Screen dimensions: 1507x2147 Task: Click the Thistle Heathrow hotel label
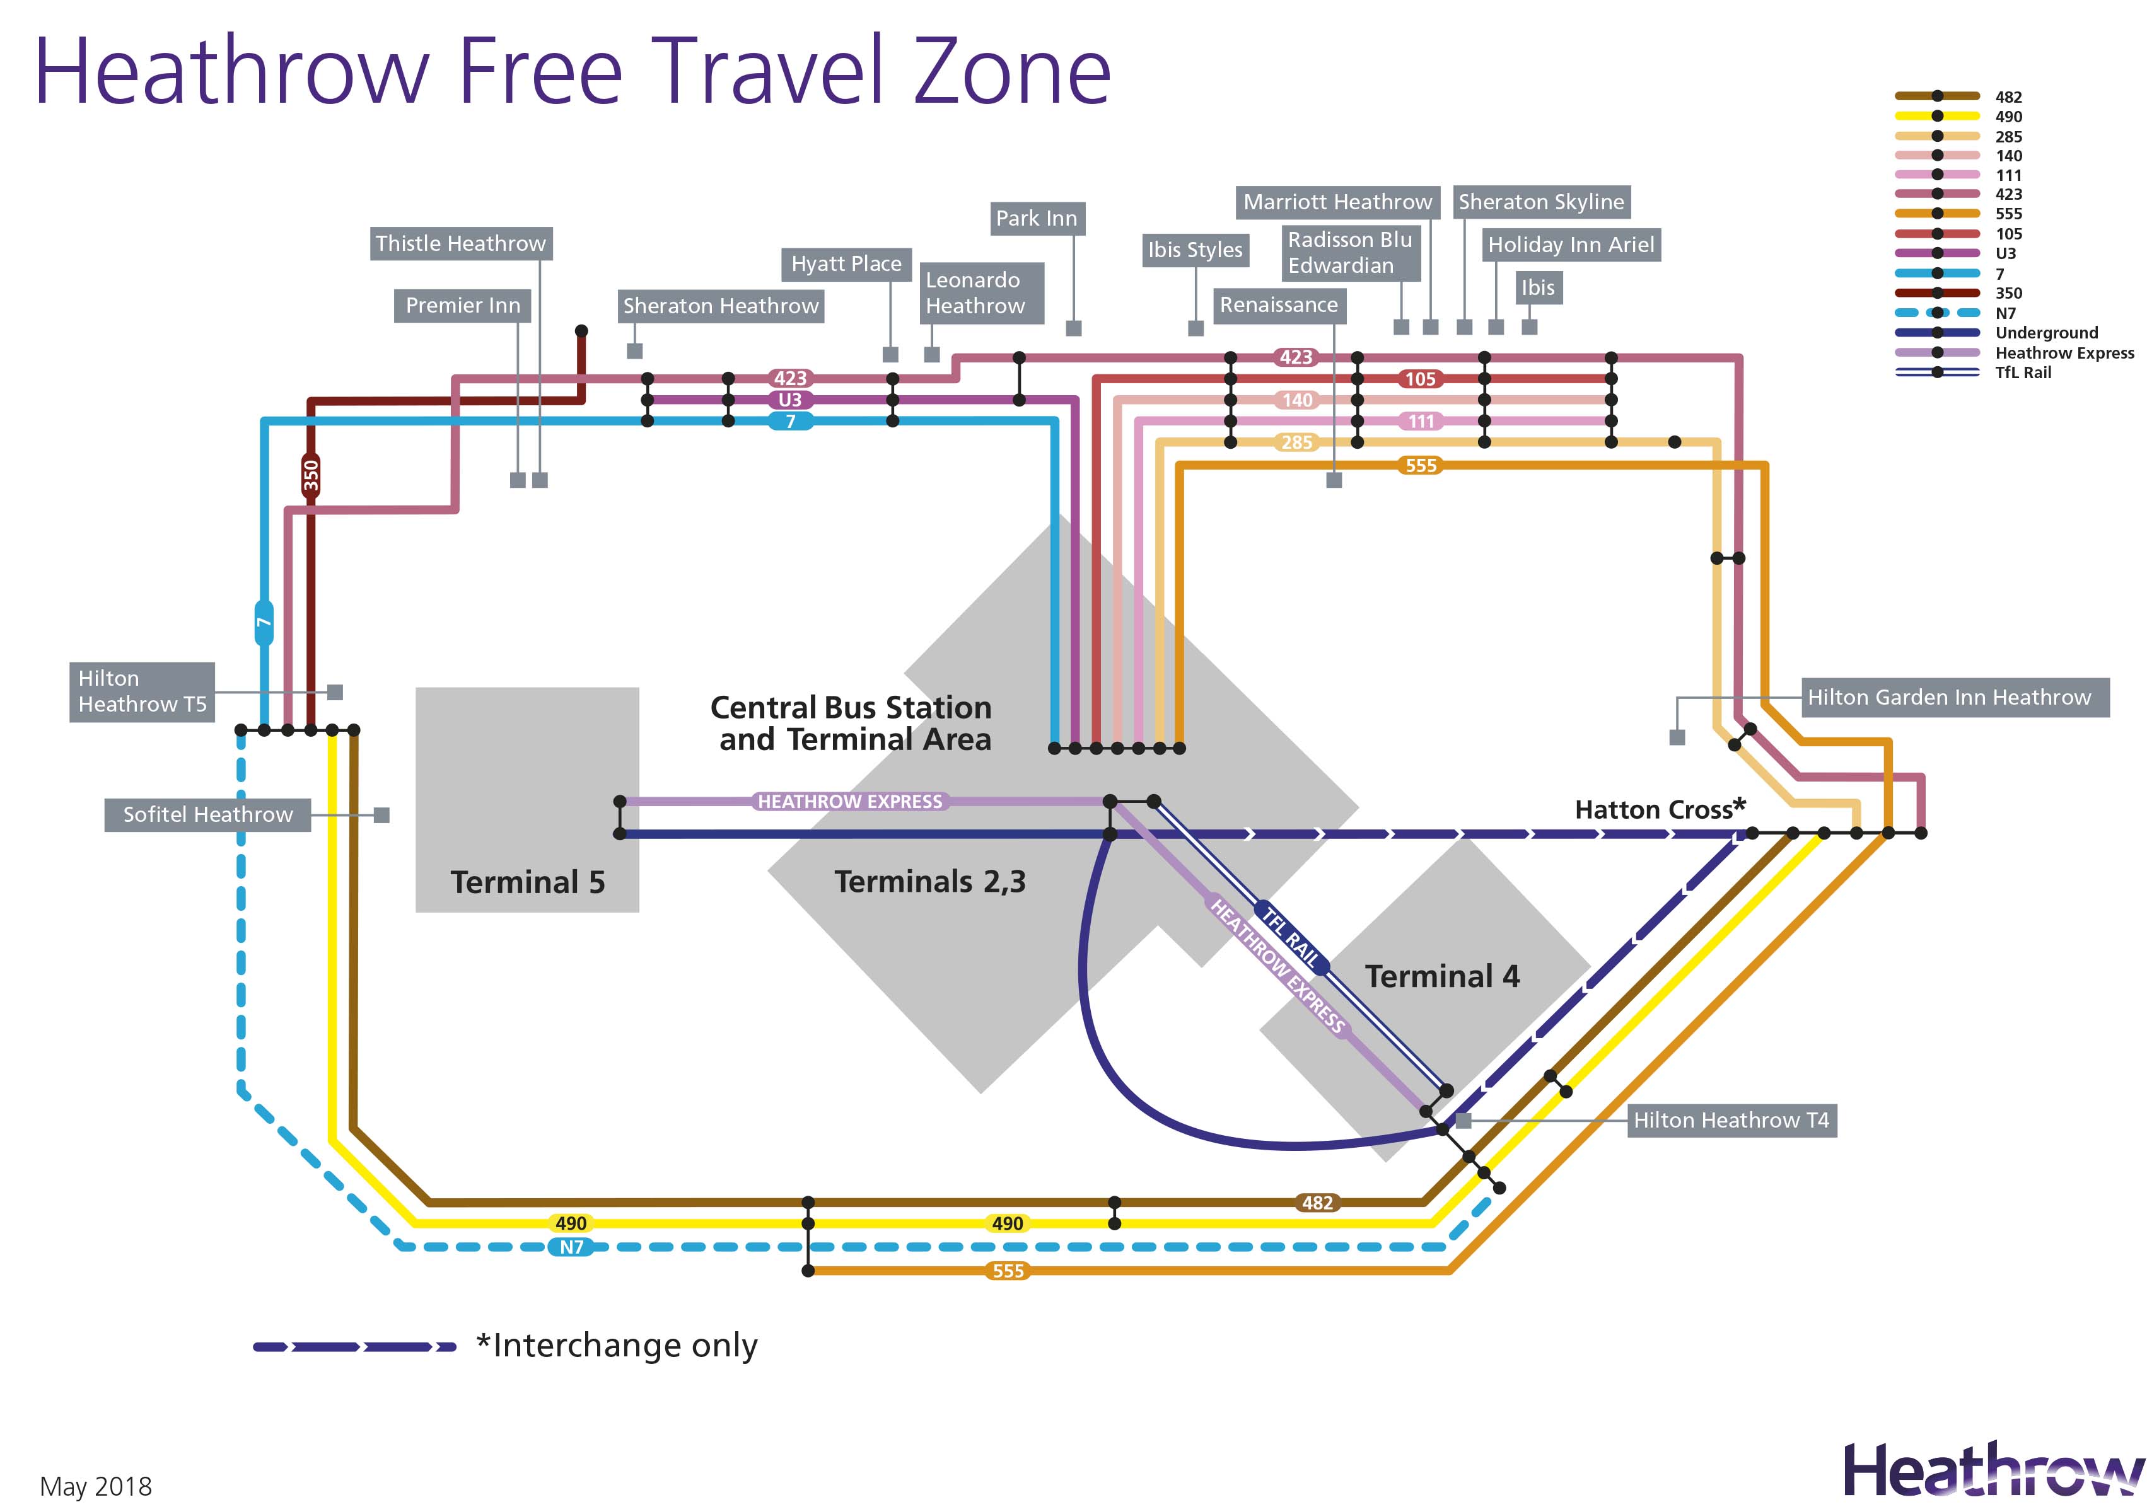pyautogui.click(x=460, y=244)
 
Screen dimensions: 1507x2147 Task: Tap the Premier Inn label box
pyautogui.click(x=463, y=306)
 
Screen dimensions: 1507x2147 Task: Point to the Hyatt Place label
pyautogui.click(x=846, y=265)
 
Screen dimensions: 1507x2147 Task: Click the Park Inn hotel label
pyautogui.click(x=1036, y=219)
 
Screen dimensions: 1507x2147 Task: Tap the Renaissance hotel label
pyautogui.click(x=1278, y=306)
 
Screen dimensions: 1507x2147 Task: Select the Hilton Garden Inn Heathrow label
pyautogui.click(x=1949, y=698)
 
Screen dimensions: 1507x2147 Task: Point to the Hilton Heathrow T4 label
pyautogui.click(x=1731, y=1120)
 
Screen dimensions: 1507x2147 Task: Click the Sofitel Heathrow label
pyautogui.click(x=207, y=815)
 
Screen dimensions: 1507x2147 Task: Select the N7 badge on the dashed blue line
pyautogui.click(x=571, y=1247)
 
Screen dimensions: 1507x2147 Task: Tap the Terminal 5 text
pyautogui.click(x=527, y=882)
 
